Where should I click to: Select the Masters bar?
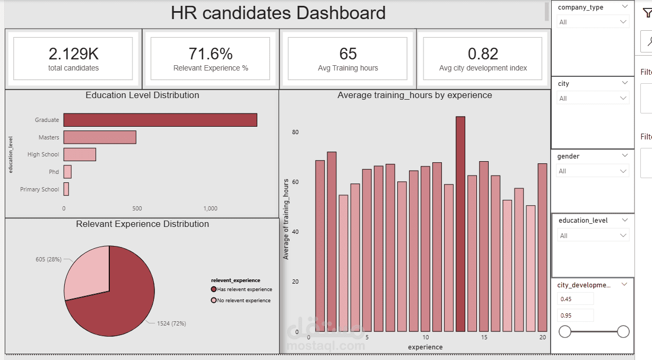coord(100,137)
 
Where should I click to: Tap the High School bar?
coord(80,154)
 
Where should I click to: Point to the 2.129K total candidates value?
coord(73,54)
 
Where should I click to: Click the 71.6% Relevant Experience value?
coord(211,54)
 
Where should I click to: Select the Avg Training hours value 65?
coord(348,54)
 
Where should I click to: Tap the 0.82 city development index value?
coord(483,54)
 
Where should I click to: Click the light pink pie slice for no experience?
coord(88,273)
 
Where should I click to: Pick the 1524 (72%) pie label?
coord(171,323)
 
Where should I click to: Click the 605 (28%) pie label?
coord(48,259)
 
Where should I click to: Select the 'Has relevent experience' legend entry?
coord(244,289)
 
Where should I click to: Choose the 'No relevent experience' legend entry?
coord(244,301)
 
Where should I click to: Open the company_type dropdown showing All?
coord(593,22)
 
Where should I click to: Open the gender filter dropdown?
coord(593,171)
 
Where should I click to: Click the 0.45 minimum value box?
coord(575,299)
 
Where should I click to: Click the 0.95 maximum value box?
coord(575,315)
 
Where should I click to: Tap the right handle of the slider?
coord(623,332)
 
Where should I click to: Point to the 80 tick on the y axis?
coord(295,132)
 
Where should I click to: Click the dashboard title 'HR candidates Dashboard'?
coord(278,13)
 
